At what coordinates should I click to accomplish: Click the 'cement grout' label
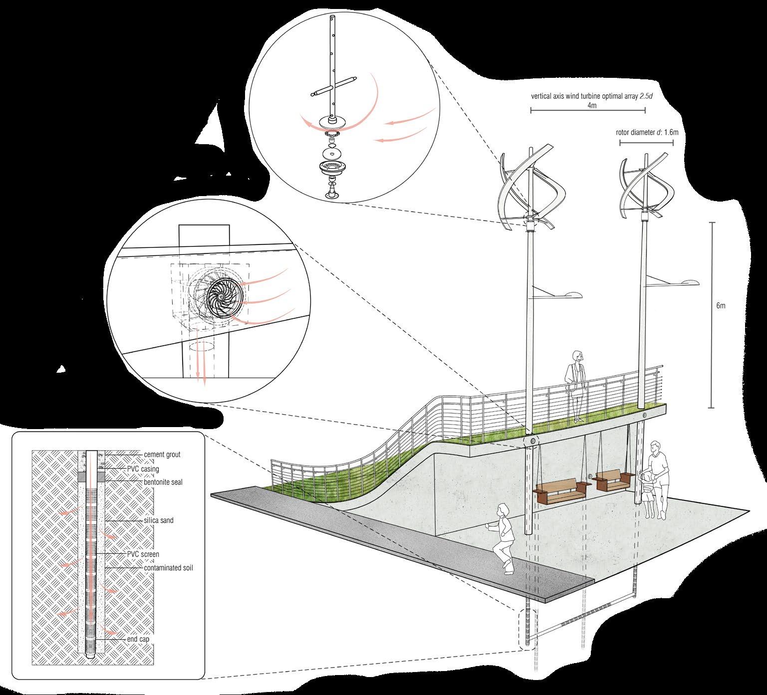[162, 455]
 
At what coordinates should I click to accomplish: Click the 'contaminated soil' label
[168, 568]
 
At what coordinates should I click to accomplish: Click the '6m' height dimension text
[720, 306]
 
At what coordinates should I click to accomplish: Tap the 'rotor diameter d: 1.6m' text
[647, 133]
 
